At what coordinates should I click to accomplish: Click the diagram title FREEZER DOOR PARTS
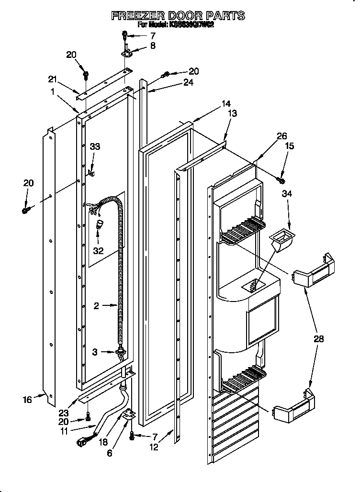[178, 15]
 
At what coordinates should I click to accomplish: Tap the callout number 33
[95, 147]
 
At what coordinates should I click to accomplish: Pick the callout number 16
[28, 399]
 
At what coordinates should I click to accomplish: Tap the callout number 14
[226, 103]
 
